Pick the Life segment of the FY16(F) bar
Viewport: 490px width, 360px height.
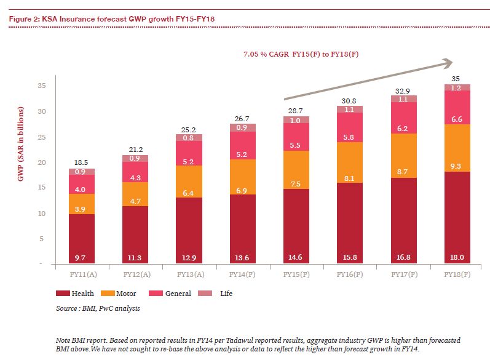[350, 109]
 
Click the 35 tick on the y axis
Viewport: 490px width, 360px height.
[41, 86]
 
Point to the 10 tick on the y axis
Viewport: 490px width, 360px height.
[41, 214]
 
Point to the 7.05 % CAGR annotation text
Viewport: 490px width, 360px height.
[301, 54]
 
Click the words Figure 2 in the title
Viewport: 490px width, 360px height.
[22, 19]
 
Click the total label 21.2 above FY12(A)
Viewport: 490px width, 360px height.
[135, 148]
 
